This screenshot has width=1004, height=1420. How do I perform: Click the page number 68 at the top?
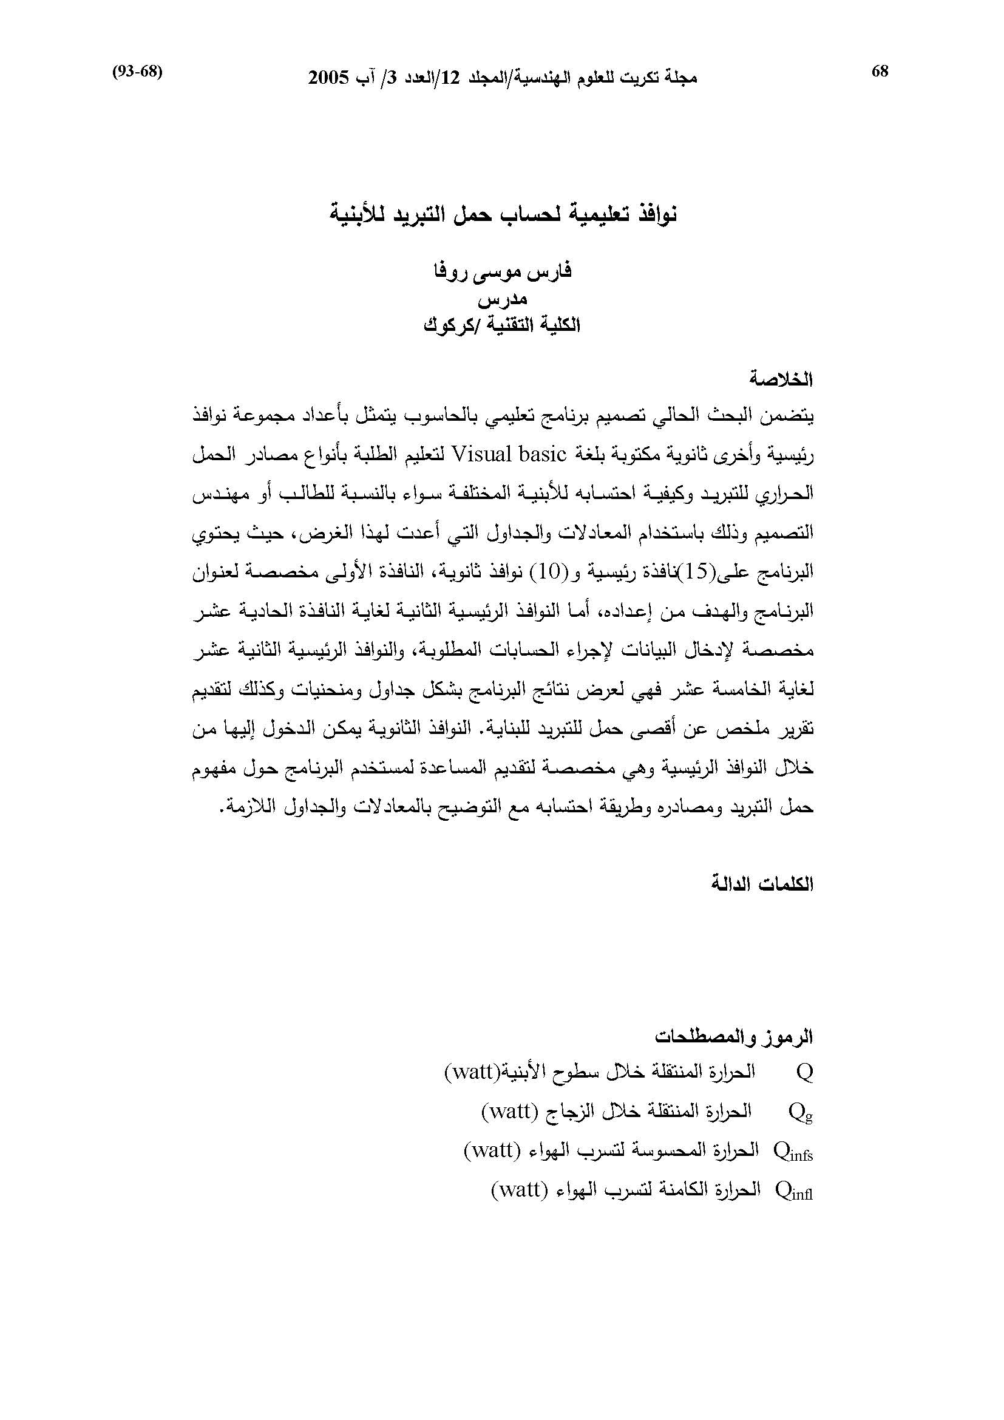[x=879, y=72]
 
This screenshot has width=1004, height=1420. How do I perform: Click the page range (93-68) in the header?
[x=137, y=72]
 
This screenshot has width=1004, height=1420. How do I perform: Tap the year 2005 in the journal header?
[x=329, y=78]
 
